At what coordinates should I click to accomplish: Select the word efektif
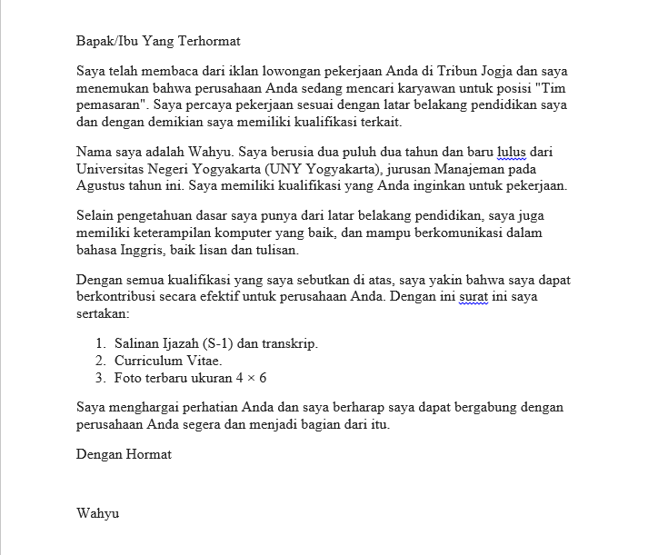(x=245, y=297)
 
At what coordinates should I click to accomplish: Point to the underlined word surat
(x=475, y=297)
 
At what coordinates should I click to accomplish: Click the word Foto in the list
(x=129, y=378)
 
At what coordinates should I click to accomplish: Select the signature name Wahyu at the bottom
(x=98, y=512)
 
